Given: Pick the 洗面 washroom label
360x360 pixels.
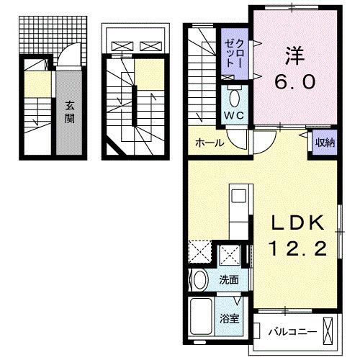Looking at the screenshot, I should [x=230, y=280].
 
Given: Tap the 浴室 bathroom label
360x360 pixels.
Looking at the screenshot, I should [x=230, y=318].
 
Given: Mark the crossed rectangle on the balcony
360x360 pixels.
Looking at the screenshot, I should [x=330, y=332].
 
